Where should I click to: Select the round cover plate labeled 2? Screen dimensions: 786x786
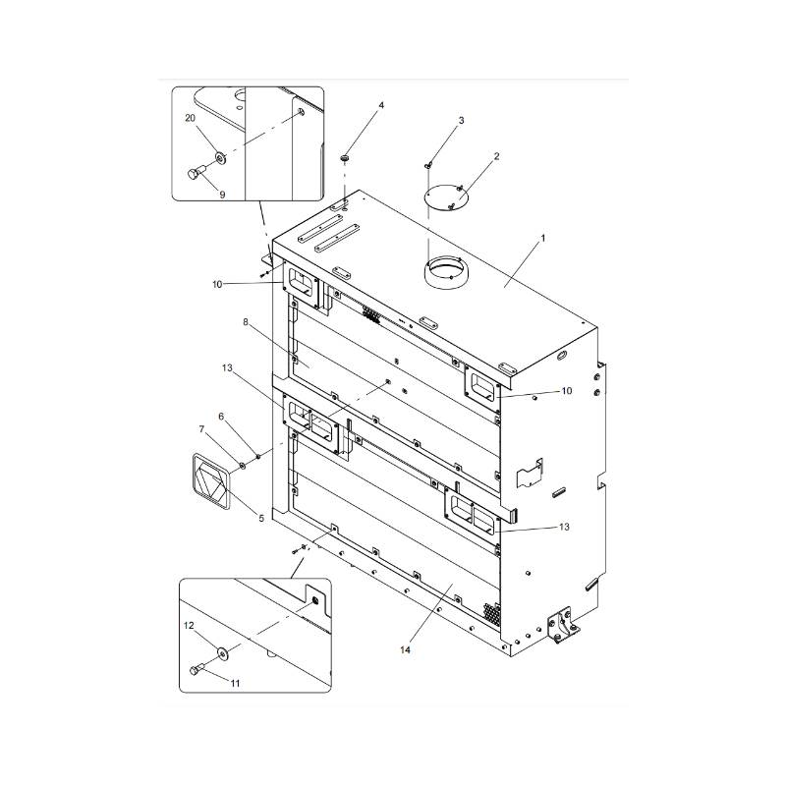click(x=446, y=196)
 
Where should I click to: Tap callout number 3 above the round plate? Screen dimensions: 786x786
click(x=461, y=121)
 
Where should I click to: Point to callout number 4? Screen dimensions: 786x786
click(x=381, y=105)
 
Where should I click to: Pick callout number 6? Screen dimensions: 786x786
click(x=222, y=416)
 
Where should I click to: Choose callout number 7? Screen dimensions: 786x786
click(x=203, y=429)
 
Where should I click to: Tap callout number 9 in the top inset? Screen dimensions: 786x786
click(x=222, y=195)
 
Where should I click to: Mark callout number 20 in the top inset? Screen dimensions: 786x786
click(x=191, y=117)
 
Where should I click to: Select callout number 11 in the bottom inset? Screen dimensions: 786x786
click(x=235, y=681)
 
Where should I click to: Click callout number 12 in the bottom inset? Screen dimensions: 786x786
click(x=190, y=625)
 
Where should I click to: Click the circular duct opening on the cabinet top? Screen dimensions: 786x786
click(x=446, y=271)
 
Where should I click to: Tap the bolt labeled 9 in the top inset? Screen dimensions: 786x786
click(x=193, y=175)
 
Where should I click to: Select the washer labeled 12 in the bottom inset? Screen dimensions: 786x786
click(x=223, y=648)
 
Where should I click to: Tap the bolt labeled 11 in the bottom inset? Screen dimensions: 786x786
click(x=195, y=671)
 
